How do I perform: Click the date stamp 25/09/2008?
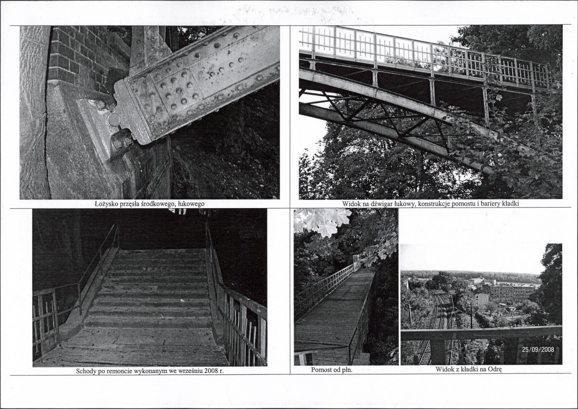pos(538,349)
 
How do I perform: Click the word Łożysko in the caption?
pos(106,204)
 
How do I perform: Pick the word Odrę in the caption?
pos(495,369)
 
